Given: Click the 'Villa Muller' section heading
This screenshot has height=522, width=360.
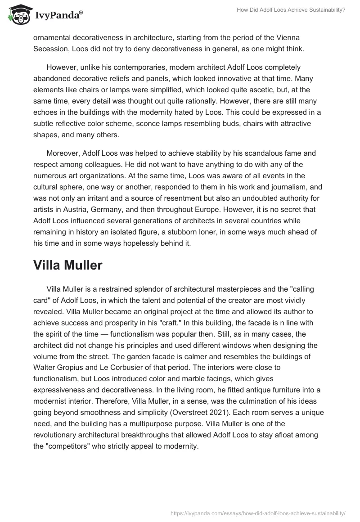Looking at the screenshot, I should (x=67, y=265).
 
